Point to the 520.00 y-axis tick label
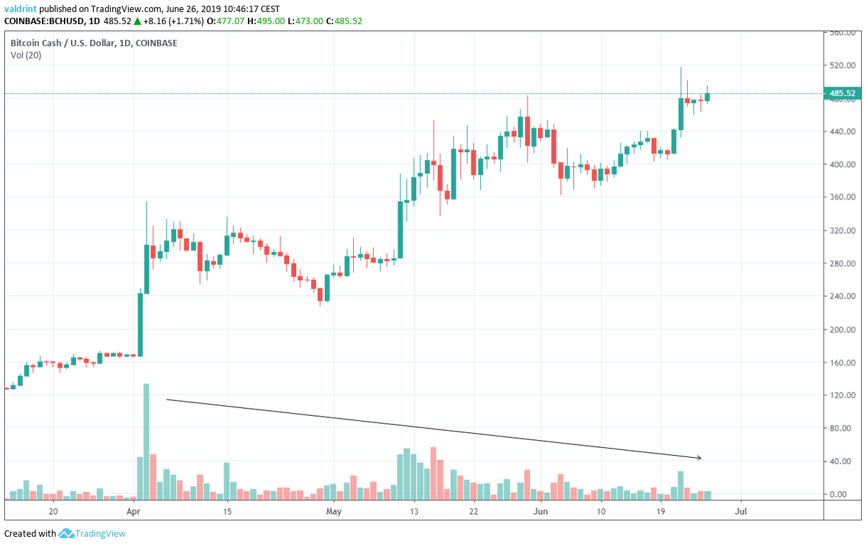tap(842, 65)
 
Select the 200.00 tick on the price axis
tap(842, 330)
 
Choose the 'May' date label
tap(334, 510)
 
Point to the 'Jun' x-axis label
tap(541, 510)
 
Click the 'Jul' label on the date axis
tap(741, 510)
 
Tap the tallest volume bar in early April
tap(146, 441)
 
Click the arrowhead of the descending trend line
tap(699, 458)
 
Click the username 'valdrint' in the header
tap(21, 9)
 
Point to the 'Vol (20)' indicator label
tap(25, 55)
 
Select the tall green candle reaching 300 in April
tap(146, 269)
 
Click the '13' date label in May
tap(413, 510)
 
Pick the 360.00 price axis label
tap(842, 198)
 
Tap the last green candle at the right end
tap(707, 97)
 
